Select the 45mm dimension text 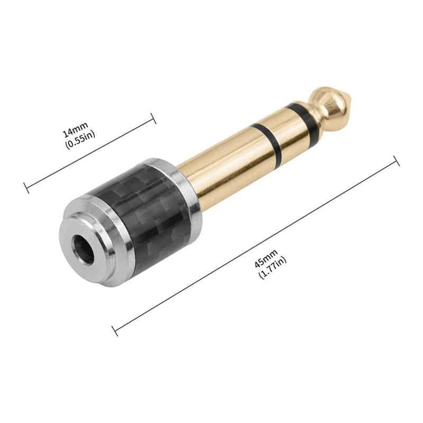click(266, 259)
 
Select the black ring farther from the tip click(267, 141)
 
